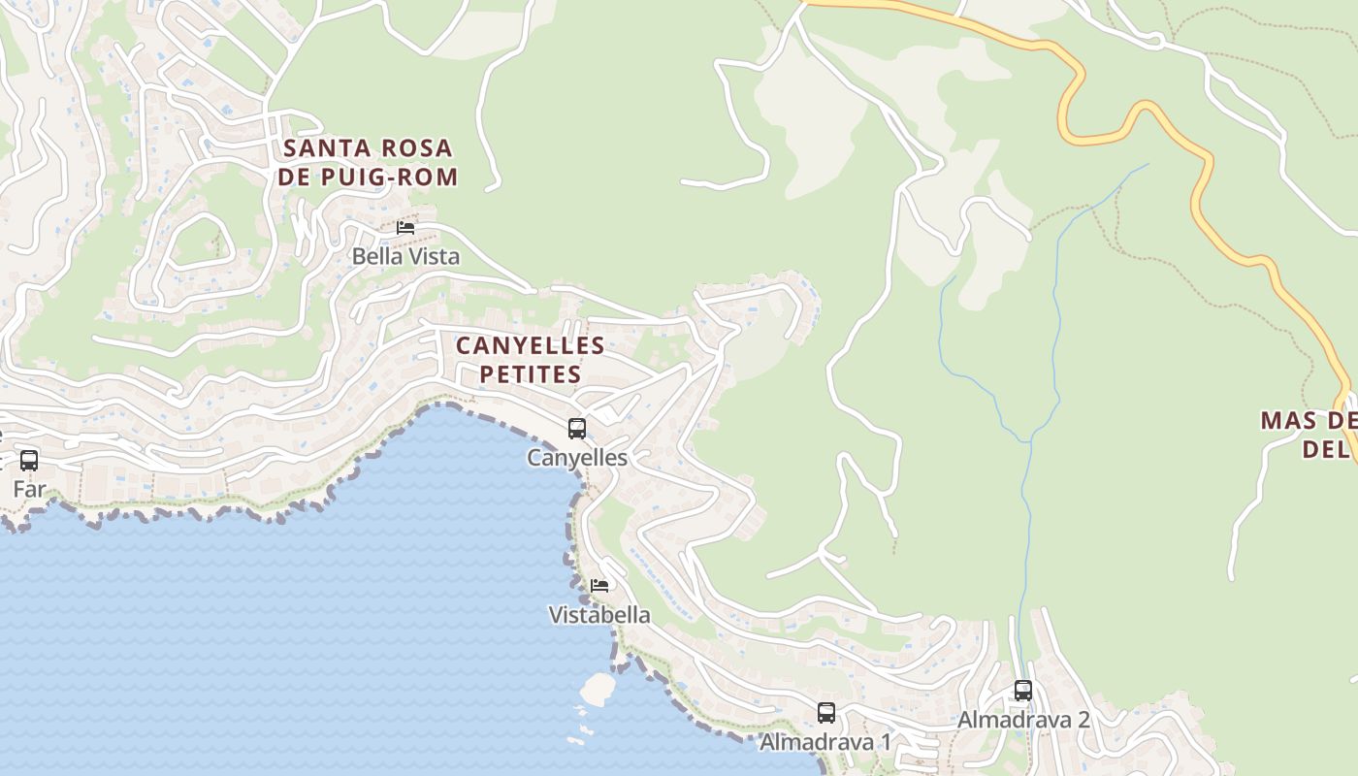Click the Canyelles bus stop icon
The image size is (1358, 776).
[577, 428]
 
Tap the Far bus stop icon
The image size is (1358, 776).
[29, 460]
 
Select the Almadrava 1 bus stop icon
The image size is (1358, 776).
[825, 713]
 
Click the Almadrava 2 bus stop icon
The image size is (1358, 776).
[1023, 691]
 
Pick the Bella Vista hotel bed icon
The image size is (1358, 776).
[405, 228]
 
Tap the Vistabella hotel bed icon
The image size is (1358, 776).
[599, 586]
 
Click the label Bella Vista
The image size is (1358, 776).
[405, 256]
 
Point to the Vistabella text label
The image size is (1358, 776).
[599, 615]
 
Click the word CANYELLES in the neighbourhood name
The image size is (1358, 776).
[531, 345]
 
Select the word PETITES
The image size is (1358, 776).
[531, 374]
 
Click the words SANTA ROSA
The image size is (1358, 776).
[368, 148]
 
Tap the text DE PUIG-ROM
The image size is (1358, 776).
[368, 178]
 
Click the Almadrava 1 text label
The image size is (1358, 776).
[825, 742]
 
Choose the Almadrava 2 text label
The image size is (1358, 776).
[1023, 720]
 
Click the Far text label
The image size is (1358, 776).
[29, 489]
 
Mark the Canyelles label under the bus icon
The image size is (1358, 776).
[577, 457]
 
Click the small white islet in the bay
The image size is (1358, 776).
[598, 688]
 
